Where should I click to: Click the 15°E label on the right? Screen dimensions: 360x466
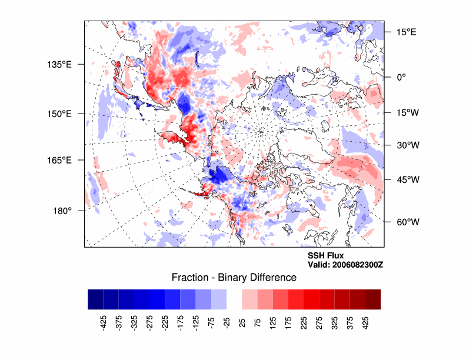[x=405, y=32]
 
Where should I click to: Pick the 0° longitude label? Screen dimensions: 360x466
[x=400, y=76]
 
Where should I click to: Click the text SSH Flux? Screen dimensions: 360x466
[x=325, y=256]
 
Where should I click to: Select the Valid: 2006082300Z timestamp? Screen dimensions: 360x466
[x=345, y=265]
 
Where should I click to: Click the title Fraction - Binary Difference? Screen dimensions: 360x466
[x=234, y=277]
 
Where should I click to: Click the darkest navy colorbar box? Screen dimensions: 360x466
[x=95, y=299]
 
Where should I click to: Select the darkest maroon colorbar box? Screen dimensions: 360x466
[x=373, y=299]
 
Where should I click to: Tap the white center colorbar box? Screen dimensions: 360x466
[x=234, y=299]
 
